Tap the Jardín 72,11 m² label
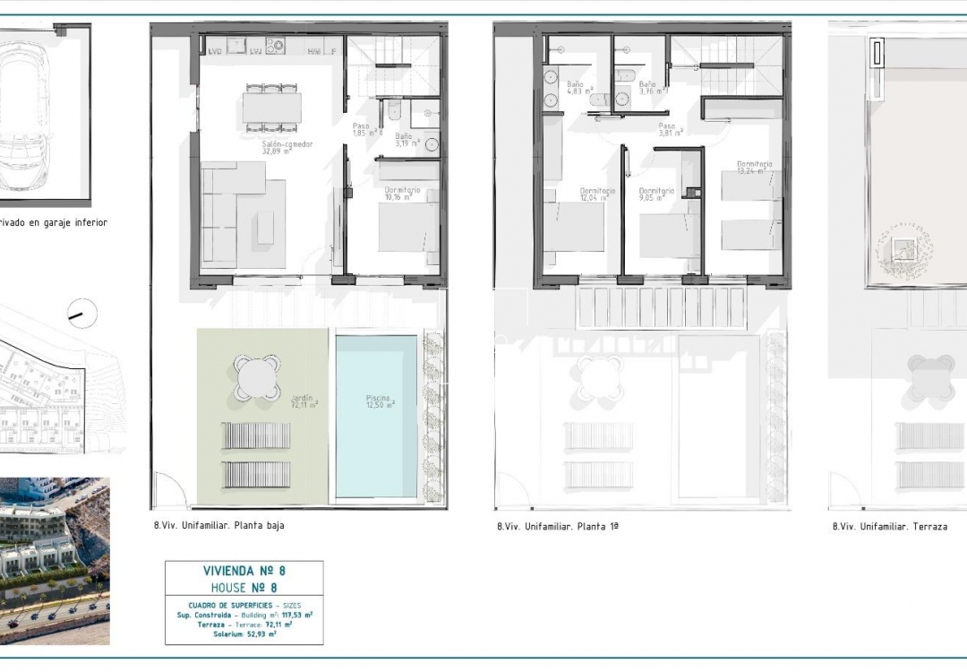pyautogui.click(x=304, y=401)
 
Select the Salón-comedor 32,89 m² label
pyautogui.click(x=287, y=148)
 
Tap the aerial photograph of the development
pyautogui.click(x=55, y=560)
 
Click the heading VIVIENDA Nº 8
pyautogui.click(x=244, y=570)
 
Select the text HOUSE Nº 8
pyautogui.click(x=244, y=588)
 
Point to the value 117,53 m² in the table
pyautogui.click(x=295, y=615)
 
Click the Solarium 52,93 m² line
pyautogui.click(x=244, y=633)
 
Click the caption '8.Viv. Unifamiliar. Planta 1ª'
pyautogui.click(x=558, y=527)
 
